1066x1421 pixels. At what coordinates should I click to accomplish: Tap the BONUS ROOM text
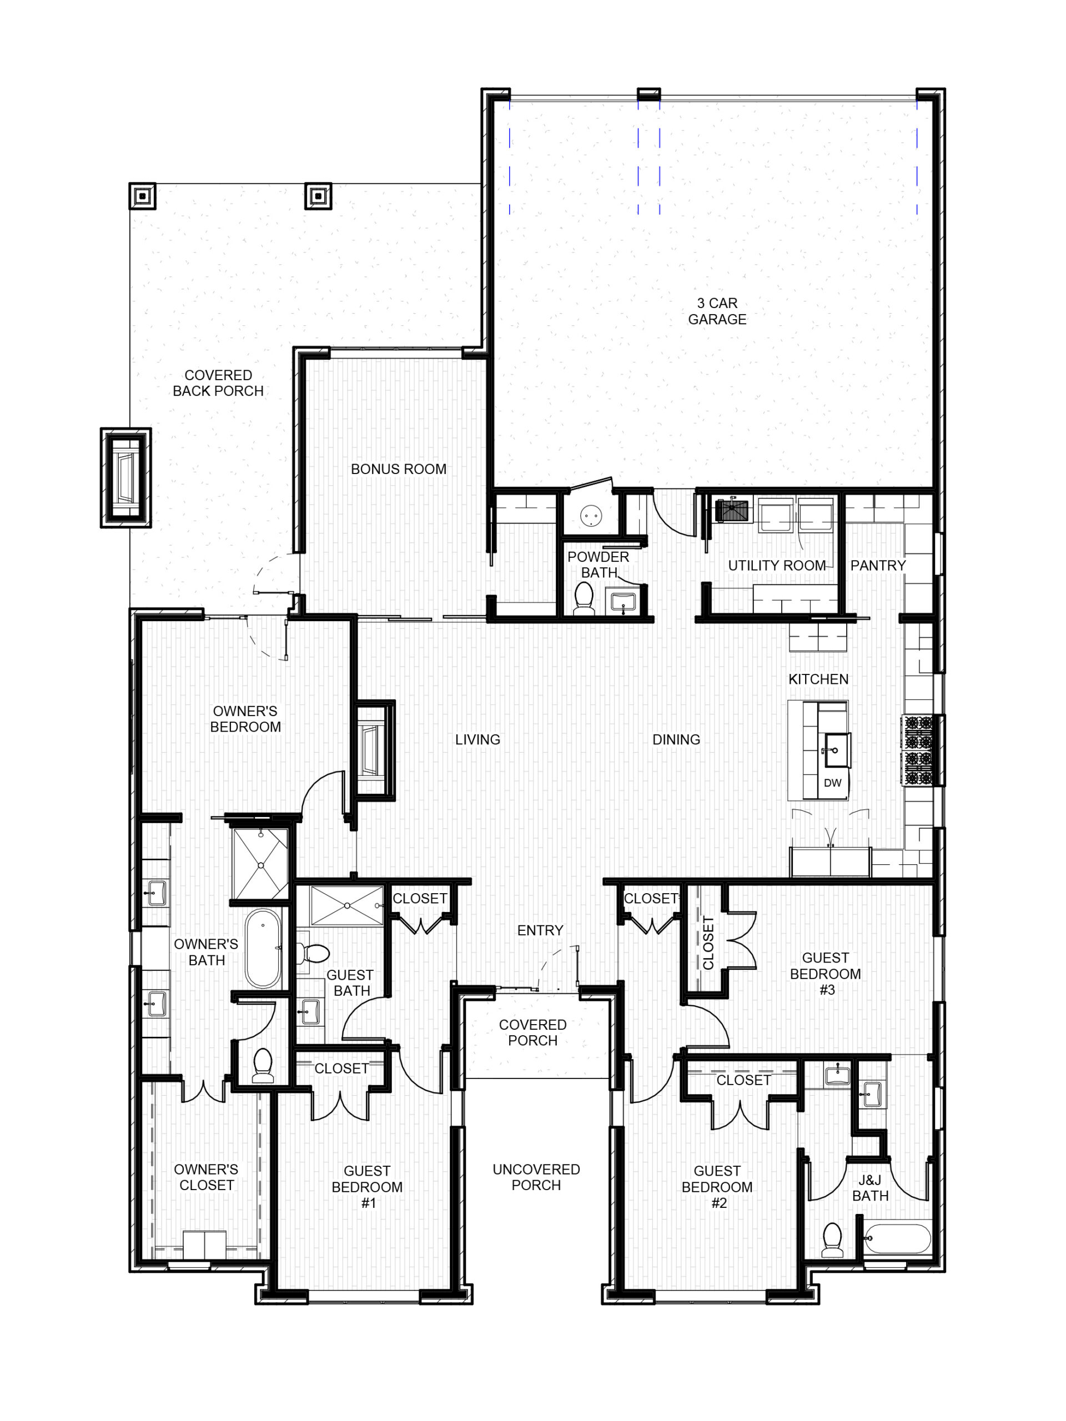coord(399,469)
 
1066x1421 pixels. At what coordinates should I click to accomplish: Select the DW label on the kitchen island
coord(832,783)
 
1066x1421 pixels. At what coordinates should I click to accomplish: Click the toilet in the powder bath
coord(584,597)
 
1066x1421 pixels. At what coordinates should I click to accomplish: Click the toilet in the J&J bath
coord(832,1239)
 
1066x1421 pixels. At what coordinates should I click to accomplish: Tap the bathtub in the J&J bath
coord(897,1238)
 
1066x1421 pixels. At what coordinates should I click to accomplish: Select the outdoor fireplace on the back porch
coord(126,477)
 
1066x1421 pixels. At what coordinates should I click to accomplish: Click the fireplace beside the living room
coord(374,750)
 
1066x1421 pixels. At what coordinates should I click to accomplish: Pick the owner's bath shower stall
coord(261,865)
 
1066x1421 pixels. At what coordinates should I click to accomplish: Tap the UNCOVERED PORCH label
coord(536,1177)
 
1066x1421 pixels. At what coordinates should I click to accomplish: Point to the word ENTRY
coord(540,930)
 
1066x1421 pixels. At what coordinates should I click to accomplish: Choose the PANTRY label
coord(878,565)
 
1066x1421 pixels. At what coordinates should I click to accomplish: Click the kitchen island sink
coord(837,750)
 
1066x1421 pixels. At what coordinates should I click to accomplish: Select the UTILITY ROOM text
coord(777,565)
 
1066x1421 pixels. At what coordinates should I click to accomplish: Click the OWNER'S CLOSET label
coord(207,1177)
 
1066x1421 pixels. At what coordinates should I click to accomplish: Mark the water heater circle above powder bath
coord(590,515)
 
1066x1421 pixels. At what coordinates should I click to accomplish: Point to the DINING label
coord(676,739)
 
